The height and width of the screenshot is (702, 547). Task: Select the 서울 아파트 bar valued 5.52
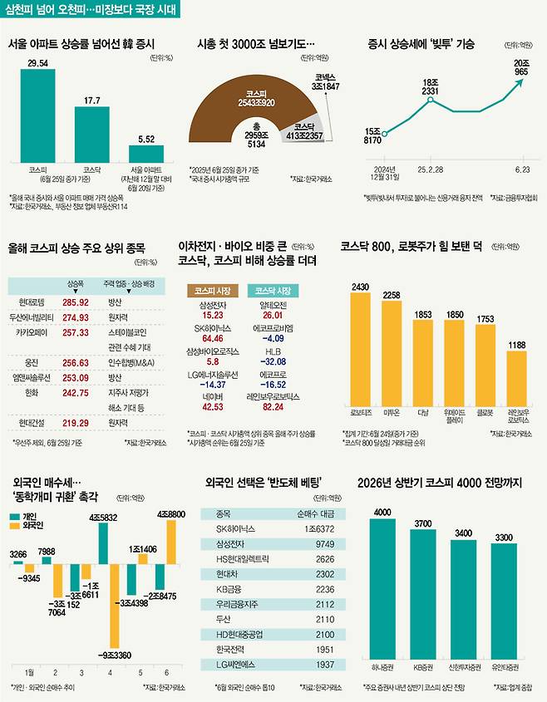coord(146,153)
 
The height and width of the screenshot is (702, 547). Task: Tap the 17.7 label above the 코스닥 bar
coord(91,100)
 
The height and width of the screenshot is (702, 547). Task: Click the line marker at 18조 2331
coord(430,100)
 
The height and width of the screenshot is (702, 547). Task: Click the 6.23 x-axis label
coord(522,169)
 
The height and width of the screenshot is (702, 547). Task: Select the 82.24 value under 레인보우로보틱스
coord(272,409)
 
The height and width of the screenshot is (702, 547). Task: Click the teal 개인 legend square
coord(14,517)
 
